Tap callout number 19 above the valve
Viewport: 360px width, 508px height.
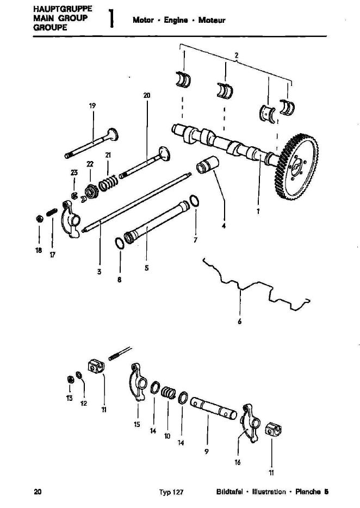coord(92,106)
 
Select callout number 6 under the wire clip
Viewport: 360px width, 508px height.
coord(239,321)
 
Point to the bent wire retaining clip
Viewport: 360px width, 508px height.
coord(256,285)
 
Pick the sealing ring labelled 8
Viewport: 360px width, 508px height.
coord(120,243)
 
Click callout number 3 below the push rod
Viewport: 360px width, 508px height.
coord(99,271)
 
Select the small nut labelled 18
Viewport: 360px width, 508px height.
coord(40,219)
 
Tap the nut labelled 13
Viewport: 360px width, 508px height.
coord(70,380)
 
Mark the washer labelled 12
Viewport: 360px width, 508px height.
coord(79,375)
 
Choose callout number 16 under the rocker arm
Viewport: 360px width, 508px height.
coord(238,462)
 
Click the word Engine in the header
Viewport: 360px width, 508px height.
coord(176,20)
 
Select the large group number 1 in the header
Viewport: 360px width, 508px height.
coord(111,18)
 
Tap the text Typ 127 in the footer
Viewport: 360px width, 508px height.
coord(171,492)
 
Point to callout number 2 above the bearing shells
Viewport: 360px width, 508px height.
coord(237,55)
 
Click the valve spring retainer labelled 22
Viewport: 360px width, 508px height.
coord(91,192)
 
